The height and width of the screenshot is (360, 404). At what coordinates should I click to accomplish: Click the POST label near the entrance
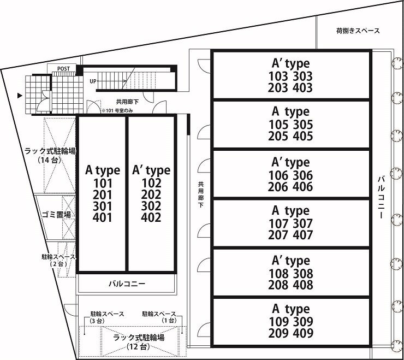[63, 69]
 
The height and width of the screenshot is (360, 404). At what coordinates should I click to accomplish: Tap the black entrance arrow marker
[20, 96]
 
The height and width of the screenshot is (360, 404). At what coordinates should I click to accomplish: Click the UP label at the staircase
[93, 81]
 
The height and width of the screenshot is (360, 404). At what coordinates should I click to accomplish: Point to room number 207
[278, 235]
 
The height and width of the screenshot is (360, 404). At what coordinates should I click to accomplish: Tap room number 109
[280, 322]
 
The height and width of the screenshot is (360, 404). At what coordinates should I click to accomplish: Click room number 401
[103, 217]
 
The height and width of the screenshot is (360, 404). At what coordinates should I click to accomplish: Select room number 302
[151, 206]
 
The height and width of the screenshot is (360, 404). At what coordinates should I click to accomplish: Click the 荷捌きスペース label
[358, 31]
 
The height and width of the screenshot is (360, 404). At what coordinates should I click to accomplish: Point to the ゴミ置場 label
[56, 214]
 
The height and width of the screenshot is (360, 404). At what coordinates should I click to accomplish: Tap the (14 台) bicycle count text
[50, 160]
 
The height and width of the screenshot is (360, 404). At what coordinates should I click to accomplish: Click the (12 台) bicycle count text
[138, 346]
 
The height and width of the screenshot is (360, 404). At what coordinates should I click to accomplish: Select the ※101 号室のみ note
[117, 111]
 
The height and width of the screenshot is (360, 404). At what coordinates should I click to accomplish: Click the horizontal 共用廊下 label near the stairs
[127, 102]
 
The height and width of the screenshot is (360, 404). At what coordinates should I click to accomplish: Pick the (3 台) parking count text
[97, 321]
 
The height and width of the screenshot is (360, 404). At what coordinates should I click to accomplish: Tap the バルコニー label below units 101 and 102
[127, 284]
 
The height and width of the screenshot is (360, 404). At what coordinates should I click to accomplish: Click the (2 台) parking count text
[58, 264]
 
